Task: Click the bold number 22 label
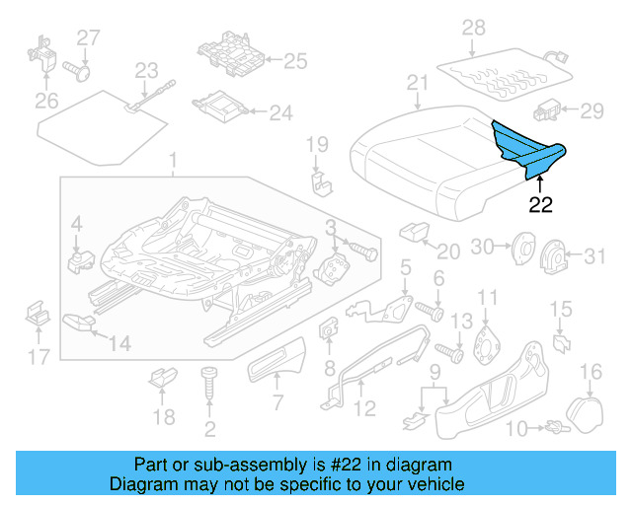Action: (540, 205)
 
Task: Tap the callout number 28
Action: (473, 27)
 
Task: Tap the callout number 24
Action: (281, 113)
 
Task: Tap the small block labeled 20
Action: (412, 232)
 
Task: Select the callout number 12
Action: (364, 408)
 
